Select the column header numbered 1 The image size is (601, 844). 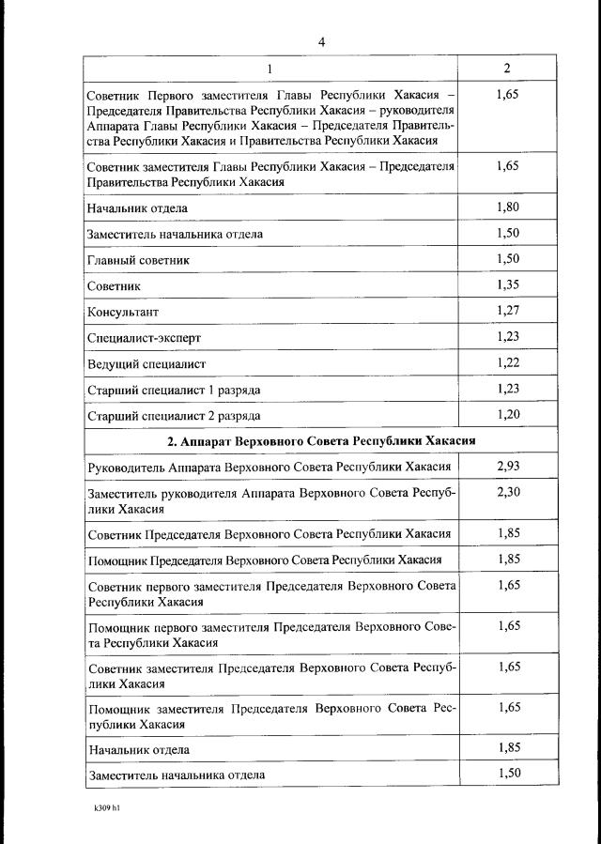[270, 69]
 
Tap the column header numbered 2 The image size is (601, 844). [507, 69]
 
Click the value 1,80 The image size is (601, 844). [507, 207]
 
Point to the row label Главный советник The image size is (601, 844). [138, 260]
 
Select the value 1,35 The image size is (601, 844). [507, 284]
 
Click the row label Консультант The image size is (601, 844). [123, 312]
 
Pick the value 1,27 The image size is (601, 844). [507, 310]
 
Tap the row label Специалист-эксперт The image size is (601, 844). [144, 337]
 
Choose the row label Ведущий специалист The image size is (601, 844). [146, 363]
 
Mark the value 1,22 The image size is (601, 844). [507, 361]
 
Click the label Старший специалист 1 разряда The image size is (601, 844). [174, 389]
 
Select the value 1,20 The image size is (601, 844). [507, 413]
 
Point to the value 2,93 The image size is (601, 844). [507, 466]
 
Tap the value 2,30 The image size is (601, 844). [507, 492]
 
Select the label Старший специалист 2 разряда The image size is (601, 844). [174, 415]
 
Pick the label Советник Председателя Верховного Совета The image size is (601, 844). [268, 534]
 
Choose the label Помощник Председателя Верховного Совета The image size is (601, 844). [264, 560]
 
